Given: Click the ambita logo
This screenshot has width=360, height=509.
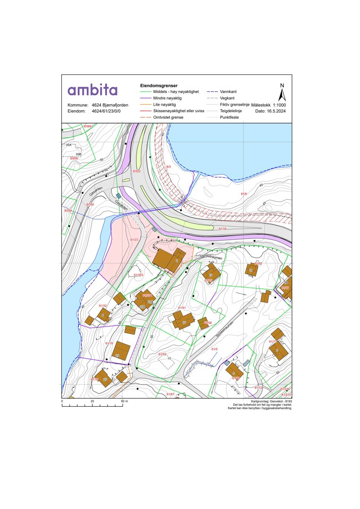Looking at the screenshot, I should pos(92,90).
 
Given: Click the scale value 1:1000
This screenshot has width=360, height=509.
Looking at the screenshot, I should pos(279,105).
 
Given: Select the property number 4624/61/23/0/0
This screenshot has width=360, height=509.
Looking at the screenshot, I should pos(106,111).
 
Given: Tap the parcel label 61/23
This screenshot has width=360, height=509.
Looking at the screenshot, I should pos(133,240).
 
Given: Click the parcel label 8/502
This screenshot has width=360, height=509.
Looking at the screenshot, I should pos(137,171).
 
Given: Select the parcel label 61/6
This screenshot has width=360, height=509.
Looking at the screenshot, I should pos(244,194).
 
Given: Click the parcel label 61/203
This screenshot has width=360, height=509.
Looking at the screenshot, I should pos(138,274).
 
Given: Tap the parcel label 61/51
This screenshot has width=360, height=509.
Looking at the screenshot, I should pos(182,308).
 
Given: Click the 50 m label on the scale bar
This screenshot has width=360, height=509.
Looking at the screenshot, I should pos(124,401).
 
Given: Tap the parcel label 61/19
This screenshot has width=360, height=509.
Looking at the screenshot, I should pos(109,343).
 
